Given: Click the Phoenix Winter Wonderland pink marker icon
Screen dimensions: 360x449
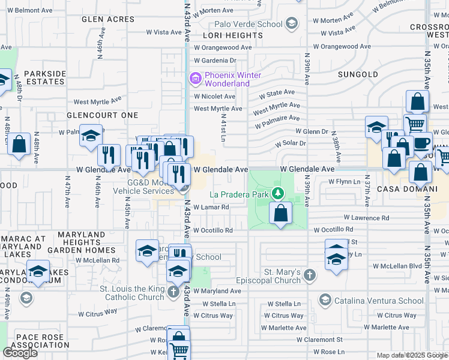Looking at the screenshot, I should (x=194, y=77).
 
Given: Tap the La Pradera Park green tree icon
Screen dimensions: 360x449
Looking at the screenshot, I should (x=277, y=193).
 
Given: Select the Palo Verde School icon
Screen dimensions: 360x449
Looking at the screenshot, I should (x=292, y=24).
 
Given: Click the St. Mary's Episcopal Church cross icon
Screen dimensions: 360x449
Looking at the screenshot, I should (x=309, y=275).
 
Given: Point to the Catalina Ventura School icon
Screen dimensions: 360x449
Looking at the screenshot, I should (x=325, y=300).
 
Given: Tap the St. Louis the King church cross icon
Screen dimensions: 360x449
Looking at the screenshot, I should (x=173, y=292).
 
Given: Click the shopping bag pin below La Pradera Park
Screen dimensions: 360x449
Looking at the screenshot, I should (x=280, y=212).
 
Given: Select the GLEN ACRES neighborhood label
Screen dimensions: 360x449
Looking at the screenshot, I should (x=109, y=19).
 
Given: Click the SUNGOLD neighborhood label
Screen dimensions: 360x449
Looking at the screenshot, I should (x=358, y=74).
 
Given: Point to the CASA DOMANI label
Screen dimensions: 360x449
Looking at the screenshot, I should (x=401, y=188).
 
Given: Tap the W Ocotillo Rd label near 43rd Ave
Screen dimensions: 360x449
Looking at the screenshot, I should (x=212, y=230).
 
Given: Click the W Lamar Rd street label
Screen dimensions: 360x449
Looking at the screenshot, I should (x=211, y=208).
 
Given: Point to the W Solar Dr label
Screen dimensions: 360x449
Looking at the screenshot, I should (x=291, y=143).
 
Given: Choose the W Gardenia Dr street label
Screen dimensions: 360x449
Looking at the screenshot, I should (x=215, y=61).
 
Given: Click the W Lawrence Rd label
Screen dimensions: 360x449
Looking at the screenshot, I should (x=366, y=218).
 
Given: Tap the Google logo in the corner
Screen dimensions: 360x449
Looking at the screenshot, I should (x=20, y=353).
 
